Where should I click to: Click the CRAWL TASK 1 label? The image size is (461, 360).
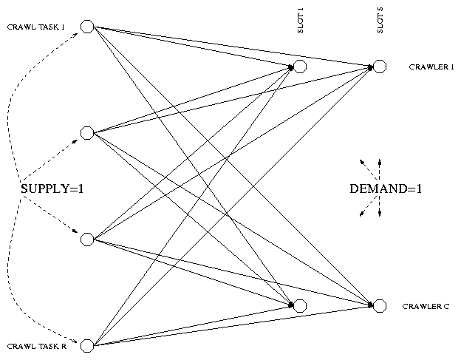point(36,27)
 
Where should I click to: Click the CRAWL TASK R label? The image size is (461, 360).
point(37,346)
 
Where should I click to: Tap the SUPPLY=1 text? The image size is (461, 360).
point(52,189)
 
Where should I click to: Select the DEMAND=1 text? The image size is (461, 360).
point(386,189)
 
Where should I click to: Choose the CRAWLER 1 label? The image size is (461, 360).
point(431,67)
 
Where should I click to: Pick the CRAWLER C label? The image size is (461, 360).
point(426,306)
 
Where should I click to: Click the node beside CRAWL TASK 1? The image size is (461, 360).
point(87,27)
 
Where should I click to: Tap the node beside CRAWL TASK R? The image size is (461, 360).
point(87,345)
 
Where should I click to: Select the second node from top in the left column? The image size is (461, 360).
point(87,133)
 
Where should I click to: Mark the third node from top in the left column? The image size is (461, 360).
point(87,239)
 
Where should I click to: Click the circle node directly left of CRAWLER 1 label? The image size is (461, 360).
point(380,67)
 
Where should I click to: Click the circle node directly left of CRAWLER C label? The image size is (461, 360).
point(380,306)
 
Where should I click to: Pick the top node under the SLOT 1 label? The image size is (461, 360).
point(300,67)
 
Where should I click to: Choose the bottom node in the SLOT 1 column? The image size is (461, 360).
point(300,306)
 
